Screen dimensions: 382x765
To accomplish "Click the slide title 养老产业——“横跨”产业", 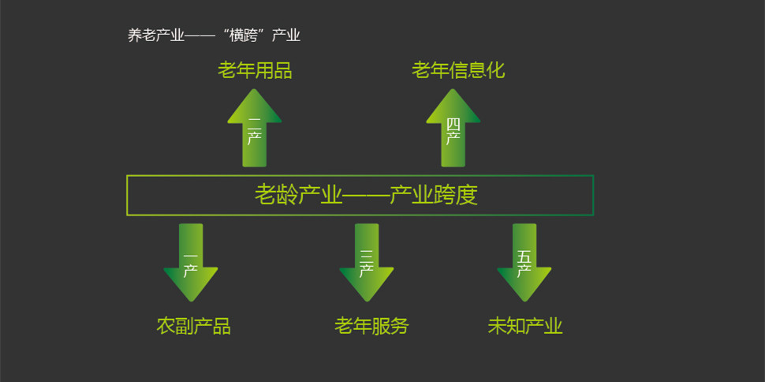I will pyautogui.click(x=214, y=36).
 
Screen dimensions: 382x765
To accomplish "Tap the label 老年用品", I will pyautogui.click(x=255, y=71).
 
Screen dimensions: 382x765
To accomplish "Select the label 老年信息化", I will pyautogui.click(x=457, y=71).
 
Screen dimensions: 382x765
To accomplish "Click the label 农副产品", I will pyautogui.click(x=193, y=326).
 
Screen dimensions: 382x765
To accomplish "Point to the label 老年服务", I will pyautogui.click(x=371, y=326).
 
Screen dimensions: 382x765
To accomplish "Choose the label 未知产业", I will pyautogui.click(x=525, y=326).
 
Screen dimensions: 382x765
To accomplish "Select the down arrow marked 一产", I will pyautogui.click(x=191, y=263).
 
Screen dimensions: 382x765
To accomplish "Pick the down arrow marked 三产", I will pyautogui.click(x=367, y=263).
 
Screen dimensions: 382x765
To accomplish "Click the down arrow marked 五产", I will pyautogui.click(x=524, y=263).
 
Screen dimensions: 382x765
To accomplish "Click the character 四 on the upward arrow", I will pyautogui.click(x=453, y=124).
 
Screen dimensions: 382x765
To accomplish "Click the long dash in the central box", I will pyautogui.click(x=367, y=195).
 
